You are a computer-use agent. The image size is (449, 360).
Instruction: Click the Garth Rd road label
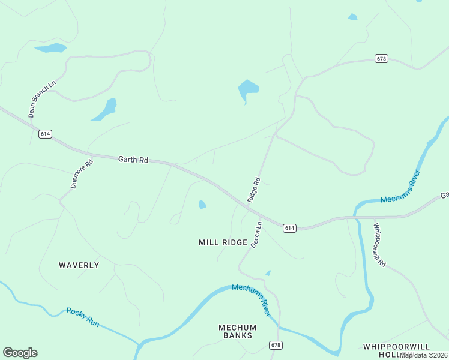[x=133, y=160]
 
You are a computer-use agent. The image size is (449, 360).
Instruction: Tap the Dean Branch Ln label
[x=34, y=99]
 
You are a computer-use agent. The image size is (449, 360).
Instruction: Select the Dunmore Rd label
[x=82, y=174]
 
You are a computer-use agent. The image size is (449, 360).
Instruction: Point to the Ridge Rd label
[x=254, y=190]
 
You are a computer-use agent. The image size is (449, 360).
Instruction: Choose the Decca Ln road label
[x=256, y=235]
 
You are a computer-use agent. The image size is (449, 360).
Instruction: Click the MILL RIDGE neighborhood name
[x=223, y=242]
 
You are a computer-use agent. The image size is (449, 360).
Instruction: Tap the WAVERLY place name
[x=79, y=265]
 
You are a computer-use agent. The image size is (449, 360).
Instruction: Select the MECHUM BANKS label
[x=237, y=331]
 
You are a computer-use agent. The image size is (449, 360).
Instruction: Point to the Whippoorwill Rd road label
[x=379, y=245]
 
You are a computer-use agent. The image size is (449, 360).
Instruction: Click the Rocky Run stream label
[x=82, y=317]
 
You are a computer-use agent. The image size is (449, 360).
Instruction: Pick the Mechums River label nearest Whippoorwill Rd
[x=401, y=187]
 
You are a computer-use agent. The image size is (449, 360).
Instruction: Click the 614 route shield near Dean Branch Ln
[x=45, y=134]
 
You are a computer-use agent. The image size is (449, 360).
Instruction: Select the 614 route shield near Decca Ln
[x=289, y=228]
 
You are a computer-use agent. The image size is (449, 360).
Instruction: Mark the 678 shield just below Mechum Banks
[x=276, y=345]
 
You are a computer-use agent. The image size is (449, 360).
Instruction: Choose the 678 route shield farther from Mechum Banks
[x=382, y=58]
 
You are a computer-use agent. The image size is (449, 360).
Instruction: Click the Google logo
[x=20, y=353]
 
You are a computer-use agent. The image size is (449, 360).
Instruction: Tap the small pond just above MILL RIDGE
[x=202, y=205]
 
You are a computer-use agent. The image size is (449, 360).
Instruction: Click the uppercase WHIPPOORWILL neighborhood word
[x=397, y=347]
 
